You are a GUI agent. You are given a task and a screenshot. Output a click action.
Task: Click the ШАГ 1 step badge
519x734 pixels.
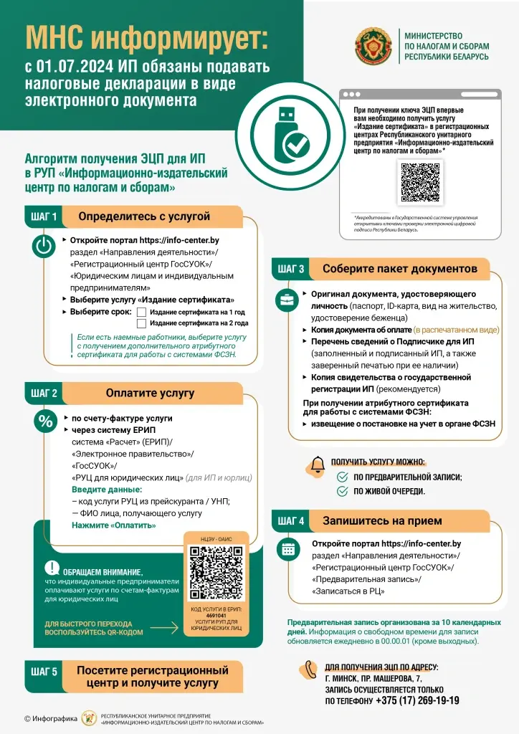click(44, 216)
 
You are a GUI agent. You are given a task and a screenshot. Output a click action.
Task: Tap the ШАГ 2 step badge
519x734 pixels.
click(44, 393)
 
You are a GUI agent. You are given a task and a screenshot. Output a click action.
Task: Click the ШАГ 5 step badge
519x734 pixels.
click(44, 671)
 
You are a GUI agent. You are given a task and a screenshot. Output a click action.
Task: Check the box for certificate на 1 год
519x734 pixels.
click(141, 312)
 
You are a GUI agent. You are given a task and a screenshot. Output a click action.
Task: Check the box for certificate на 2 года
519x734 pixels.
click(141, 323)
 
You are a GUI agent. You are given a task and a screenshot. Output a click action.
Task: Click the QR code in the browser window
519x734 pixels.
click(419, 182)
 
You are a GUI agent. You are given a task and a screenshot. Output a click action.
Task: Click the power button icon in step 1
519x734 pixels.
click(44, 247)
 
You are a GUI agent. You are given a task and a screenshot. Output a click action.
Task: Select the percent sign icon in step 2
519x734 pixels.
click(45, 422)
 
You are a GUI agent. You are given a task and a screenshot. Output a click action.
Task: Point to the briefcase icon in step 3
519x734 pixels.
click(286, 300)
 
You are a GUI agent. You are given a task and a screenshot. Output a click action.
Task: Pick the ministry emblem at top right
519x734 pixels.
click(372, 46)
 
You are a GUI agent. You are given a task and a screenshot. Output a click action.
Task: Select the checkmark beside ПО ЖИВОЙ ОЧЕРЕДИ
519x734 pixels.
click(343, 491)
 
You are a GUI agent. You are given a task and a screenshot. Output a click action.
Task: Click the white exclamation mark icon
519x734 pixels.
click(52, 567)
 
